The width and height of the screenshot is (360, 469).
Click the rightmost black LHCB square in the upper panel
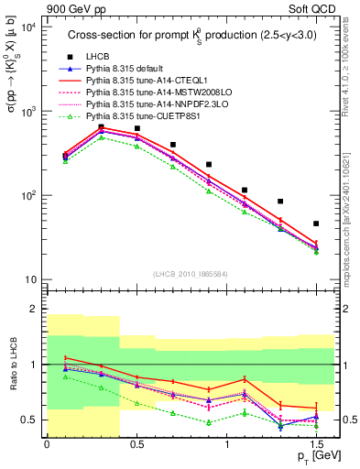(x=316, y=224)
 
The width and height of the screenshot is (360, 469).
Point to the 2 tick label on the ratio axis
(x=34, y=309)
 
